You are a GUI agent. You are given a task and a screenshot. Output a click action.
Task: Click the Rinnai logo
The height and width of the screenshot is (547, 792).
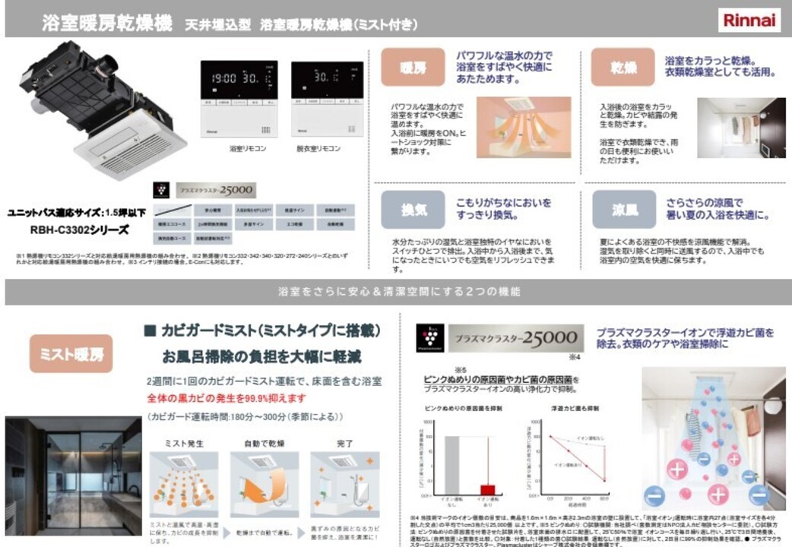tap(749, 20)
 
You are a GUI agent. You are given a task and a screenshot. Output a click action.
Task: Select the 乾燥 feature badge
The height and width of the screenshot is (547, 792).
tap(622, 68)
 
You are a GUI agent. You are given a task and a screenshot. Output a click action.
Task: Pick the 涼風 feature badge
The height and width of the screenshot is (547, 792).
tap(623, 210)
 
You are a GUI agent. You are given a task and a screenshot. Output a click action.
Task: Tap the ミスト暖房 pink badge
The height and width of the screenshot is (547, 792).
tap(71, 353)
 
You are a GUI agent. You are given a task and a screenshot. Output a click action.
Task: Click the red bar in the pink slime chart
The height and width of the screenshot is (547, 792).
tap(486, 489)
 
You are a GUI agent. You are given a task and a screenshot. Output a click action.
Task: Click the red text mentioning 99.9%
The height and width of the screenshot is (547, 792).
tap(227, 397)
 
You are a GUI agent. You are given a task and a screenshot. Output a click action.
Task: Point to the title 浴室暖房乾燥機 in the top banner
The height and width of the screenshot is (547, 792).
tap(107, 24)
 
